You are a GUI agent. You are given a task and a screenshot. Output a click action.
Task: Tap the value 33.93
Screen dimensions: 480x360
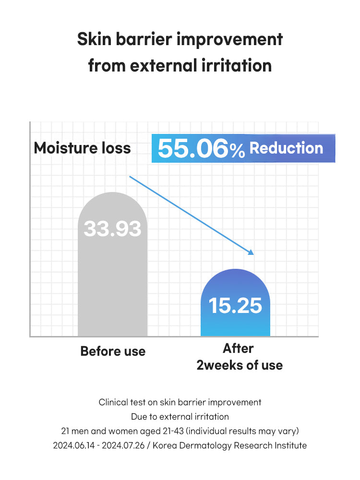pyautogui.click(x=112, y=228)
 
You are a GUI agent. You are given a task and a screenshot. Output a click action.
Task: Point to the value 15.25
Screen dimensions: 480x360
pyautogui.click(x=235, y=305)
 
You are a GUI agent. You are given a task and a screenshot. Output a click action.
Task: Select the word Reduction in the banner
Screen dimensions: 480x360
pyautogui.click(x=286, y=148)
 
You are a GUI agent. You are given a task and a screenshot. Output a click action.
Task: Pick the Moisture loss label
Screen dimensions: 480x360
pyautogui.click(x=82, y=148)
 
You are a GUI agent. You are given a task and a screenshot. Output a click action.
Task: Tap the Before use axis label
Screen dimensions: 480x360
pyautogui.click(x=113, y=351)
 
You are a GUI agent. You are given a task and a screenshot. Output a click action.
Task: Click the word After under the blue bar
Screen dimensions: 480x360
pyautogui.click(x=238, y=348)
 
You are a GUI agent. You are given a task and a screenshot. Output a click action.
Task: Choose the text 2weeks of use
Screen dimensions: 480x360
pyautogui.click(x=240, y=365)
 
